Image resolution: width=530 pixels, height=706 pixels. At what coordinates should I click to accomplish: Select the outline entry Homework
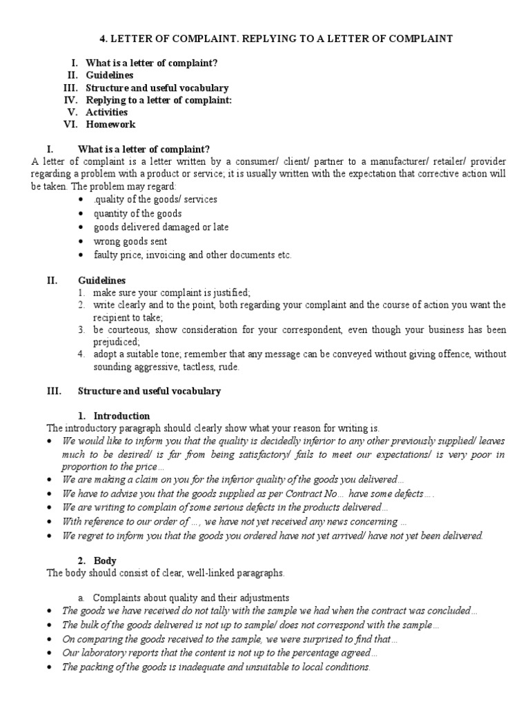tap(110, 125)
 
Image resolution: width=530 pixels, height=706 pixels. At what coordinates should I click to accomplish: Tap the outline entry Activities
tap(106, 112)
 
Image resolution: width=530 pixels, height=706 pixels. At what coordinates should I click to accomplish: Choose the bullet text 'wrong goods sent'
tap(131, 241)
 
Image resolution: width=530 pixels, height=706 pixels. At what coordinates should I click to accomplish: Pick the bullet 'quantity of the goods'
tap(137, 213)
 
